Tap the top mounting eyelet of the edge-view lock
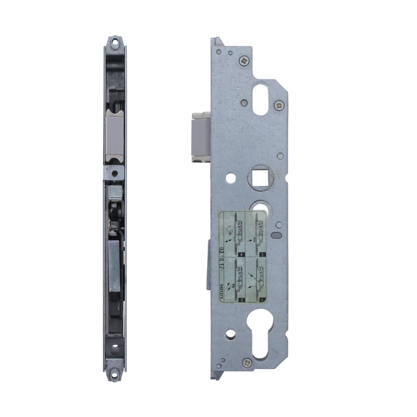114,42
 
